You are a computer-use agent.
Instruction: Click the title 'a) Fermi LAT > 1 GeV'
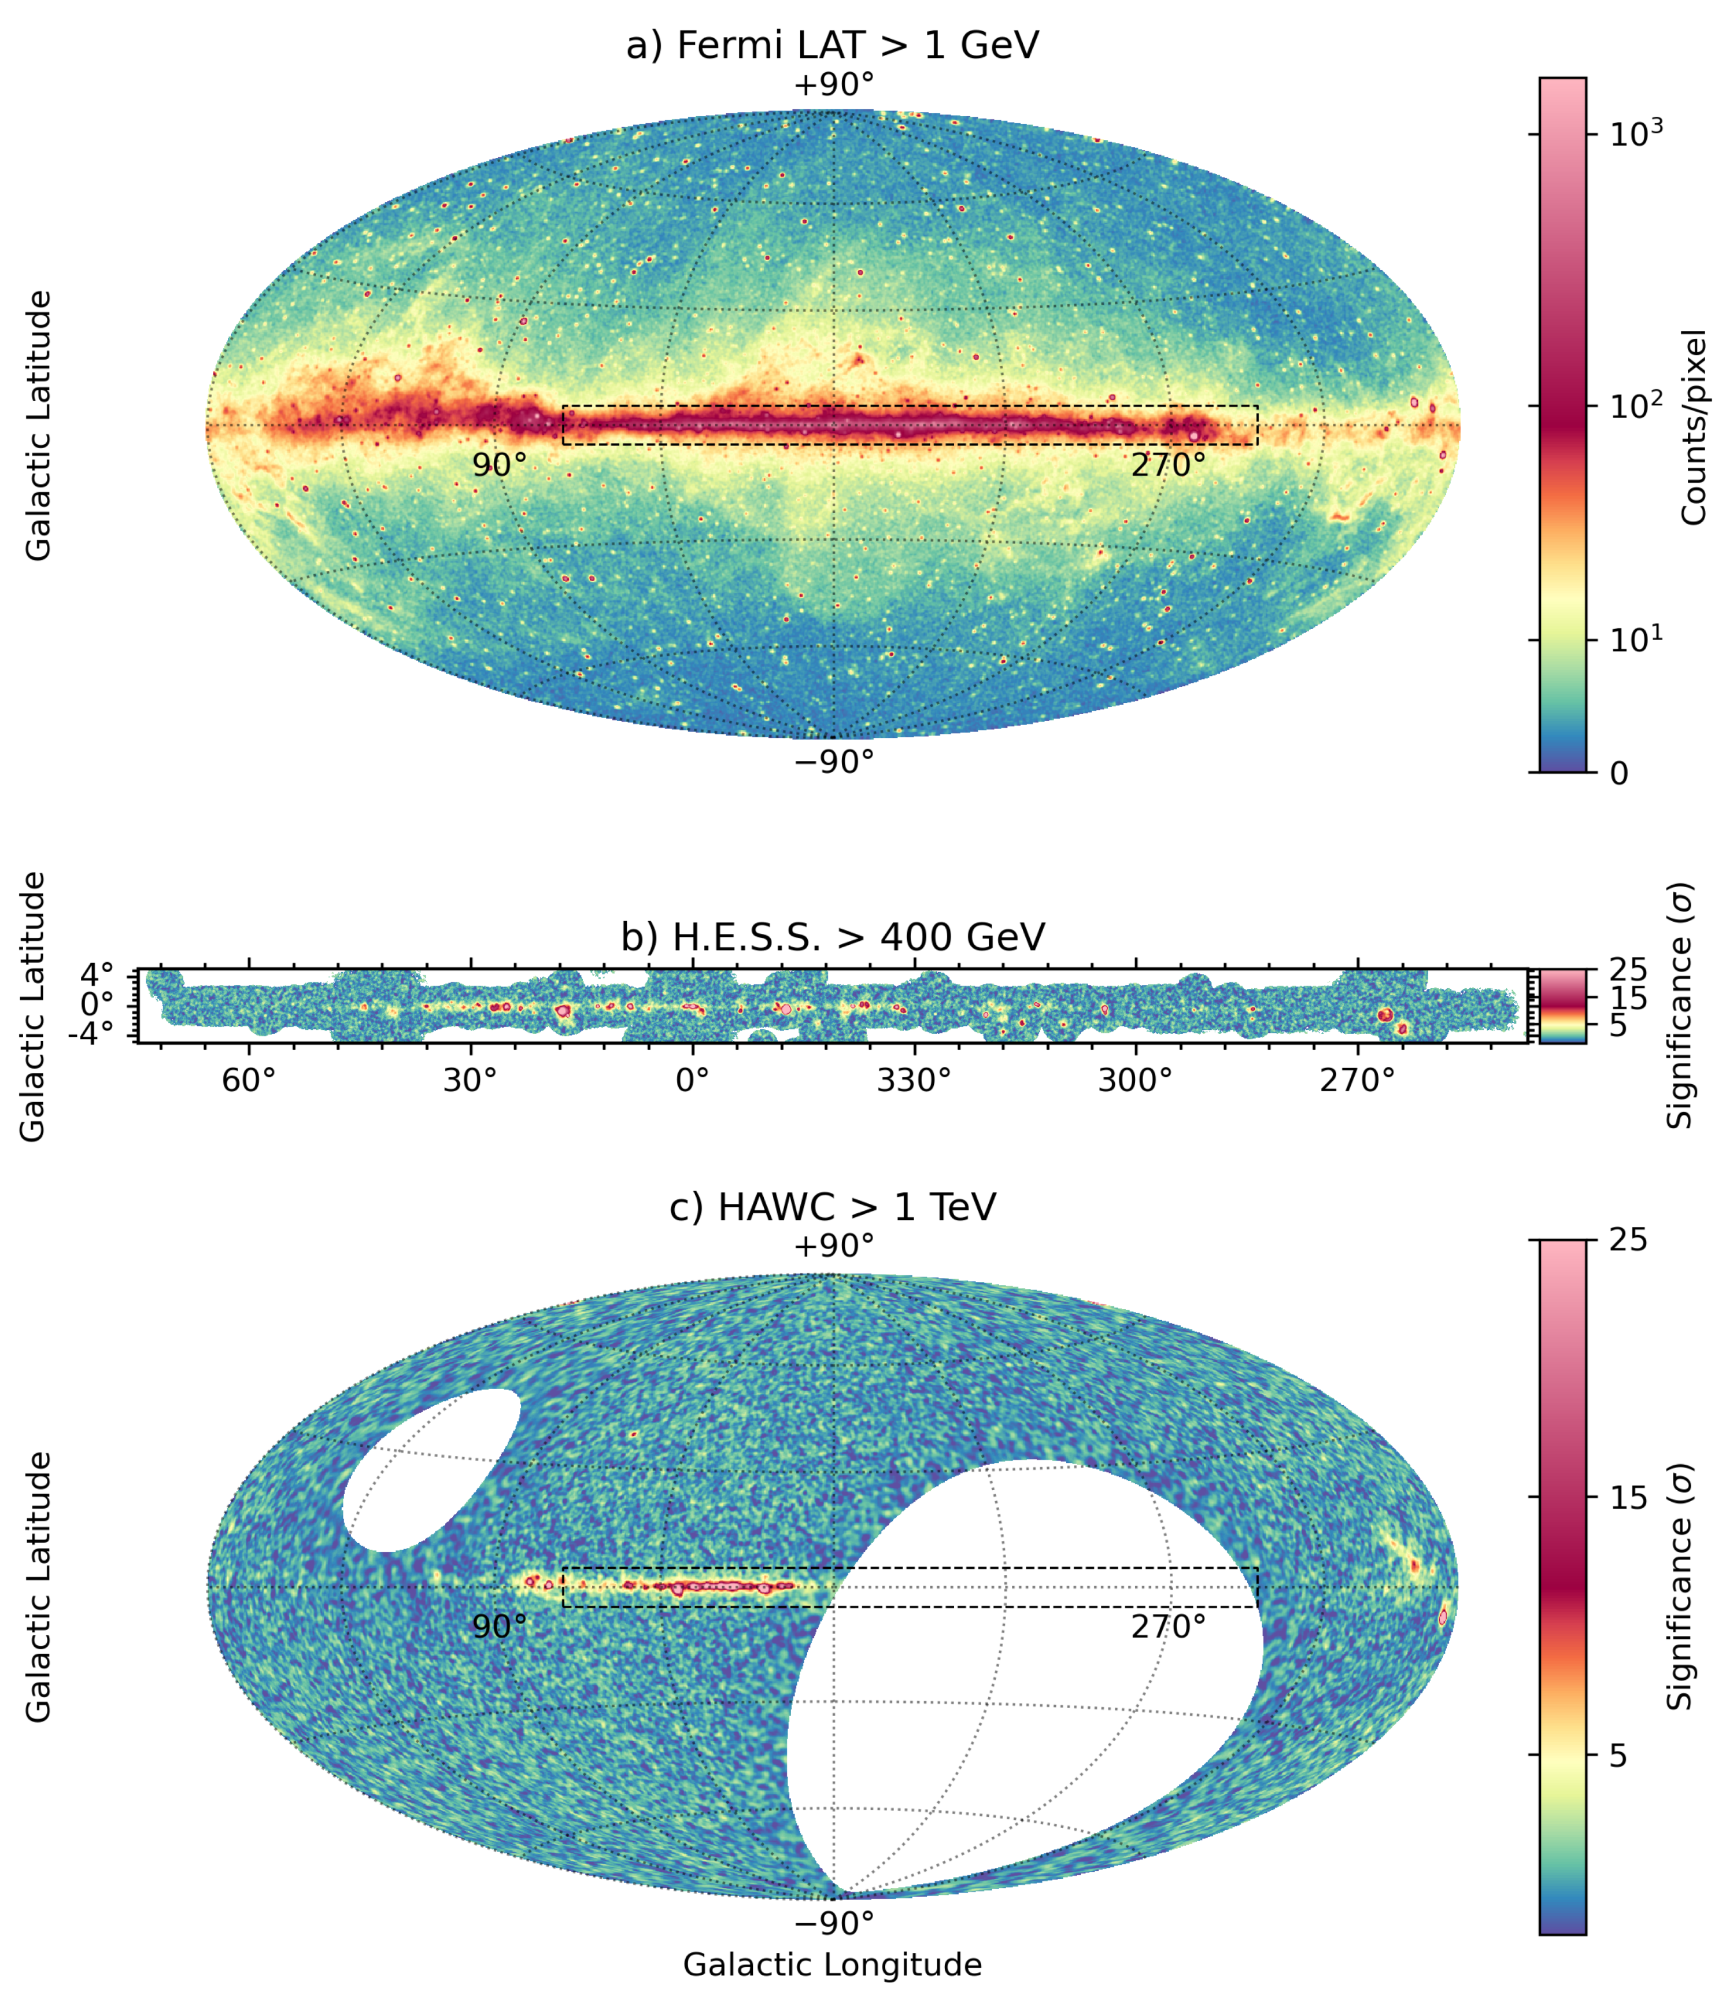833,45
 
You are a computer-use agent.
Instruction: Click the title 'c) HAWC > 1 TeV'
833,1207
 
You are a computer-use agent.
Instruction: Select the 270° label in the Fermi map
1167,465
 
